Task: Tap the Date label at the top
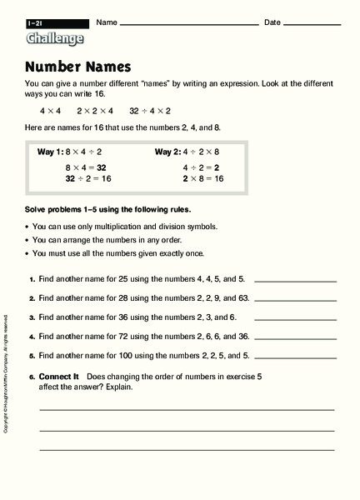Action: [272, 22]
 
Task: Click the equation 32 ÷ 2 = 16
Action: [88, 178]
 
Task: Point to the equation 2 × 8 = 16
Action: [203, 178]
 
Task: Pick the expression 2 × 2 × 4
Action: [93, 110]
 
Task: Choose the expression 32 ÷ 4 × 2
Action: [149, 110]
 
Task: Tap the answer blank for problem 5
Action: [295, 355]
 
